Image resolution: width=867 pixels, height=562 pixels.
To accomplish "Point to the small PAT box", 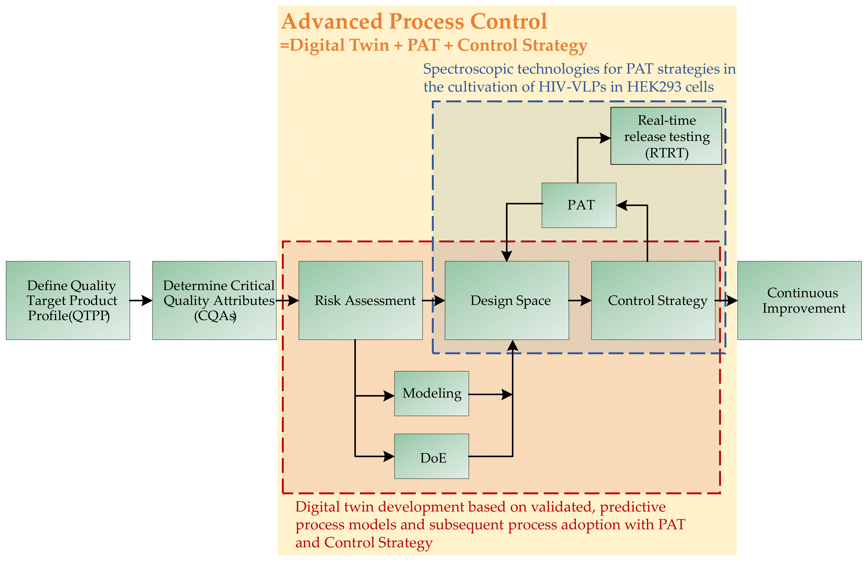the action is [579, 205].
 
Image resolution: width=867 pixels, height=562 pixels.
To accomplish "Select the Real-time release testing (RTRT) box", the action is [666, 136].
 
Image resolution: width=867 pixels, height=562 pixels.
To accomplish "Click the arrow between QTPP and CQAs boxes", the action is [141, 301].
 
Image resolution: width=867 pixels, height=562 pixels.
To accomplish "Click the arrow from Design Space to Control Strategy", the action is [580, 301].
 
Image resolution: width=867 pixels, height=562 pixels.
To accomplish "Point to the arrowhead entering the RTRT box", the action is [605, 138].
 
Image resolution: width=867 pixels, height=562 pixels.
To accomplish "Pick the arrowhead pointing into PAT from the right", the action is [622, 205].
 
